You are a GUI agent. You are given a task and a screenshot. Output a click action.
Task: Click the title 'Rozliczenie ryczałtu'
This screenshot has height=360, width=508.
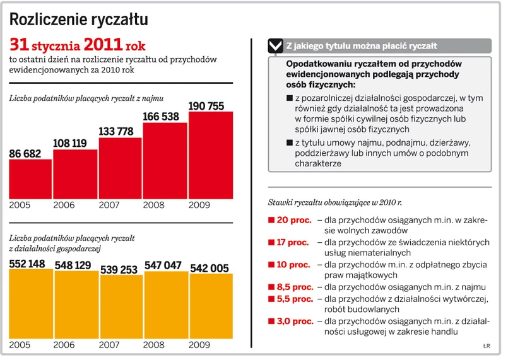pyautogui.click(x=79, y=20)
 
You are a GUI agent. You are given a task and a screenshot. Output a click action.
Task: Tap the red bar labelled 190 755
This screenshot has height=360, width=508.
pyautogui.click(x=211, y=155)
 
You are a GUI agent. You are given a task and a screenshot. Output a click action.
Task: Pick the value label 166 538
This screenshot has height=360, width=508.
pyautogui.click(x=165, y=117)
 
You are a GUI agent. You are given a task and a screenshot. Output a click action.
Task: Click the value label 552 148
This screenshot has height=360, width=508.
pyautogui.click(x=27, y=264)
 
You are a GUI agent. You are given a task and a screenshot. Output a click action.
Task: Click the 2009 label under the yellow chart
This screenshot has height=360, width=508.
pyautogui.click(x=199, y=345)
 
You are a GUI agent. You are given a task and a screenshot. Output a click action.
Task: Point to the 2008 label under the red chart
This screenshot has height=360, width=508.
pyautogui.click(x=155, y=205)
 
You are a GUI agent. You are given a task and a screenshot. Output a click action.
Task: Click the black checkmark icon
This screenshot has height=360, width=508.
pyautogui.click(x=275, y=46)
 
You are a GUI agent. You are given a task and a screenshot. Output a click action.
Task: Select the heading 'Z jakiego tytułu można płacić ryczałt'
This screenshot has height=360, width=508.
pyautogui.click(x=362, y=46)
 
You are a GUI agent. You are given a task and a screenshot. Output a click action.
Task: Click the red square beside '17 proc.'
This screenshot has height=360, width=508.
pyautogui.click(x=271, y=242)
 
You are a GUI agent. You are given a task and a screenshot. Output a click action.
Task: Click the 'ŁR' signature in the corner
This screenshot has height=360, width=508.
pyautogui.click(x=487, y=345)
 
